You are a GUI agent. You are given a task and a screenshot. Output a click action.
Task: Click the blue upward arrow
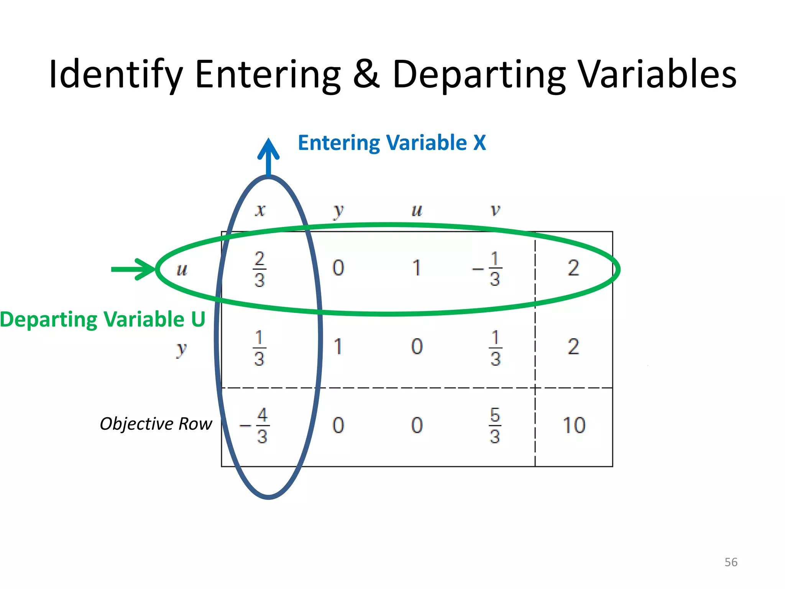point(268,157)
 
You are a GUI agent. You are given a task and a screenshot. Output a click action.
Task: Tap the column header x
point(260,210)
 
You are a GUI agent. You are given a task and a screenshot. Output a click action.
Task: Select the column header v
point(495,210)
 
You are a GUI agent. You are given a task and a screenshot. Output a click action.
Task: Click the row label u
point(182,269)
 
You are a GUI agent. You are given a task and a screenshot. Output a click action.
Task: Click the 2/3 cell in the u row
point(259,269)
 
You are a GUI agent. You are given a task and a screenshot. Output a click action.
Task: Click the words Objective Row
point(156,424)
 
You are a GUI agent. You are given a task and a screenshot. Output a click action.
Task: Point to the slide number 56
point(731,562)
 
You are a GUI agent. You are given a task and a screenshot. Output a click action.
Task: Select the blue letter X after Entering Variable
point(480,143)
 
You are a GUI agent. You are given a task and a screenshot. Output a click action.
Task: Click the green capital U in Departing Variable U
point(198,319)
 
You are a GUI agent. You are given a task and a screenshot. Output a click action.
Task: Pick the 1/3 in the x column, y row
point(259,348)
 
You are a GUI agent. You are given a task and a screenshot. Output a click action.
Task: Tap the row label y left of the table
point(181,349)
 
